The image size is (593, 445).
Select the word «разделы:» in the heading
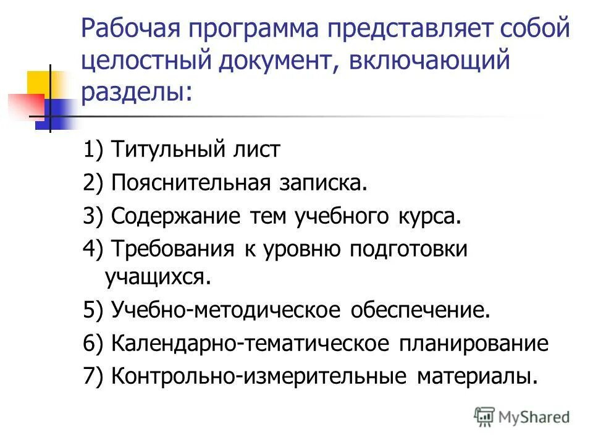[x=137, y=92]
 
